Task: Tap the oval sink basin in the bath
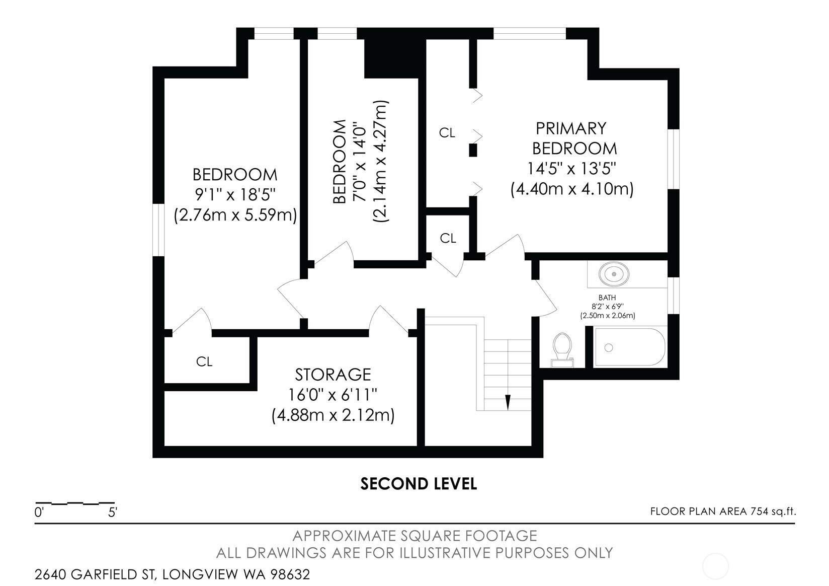click(614, 274)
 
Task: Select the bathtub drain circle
click(609, 347)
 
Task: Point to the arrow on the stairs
click(508, 402)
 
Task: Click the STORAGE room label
click(333, 375)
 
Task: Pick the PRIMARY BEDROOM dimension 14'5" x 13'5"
click(571, 169)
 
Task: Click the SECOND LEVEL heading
click(419, 484)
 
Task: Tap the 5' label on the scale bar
click(113, 512)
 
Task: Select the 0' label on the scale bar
click(39, 512)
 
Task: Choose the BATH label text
click(607, 298)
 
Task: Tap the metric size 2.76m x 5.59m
click(235, 215)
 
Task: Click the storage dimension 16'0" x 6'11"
click(333, 395)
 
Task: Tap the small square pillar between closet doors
click(473, 151)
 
